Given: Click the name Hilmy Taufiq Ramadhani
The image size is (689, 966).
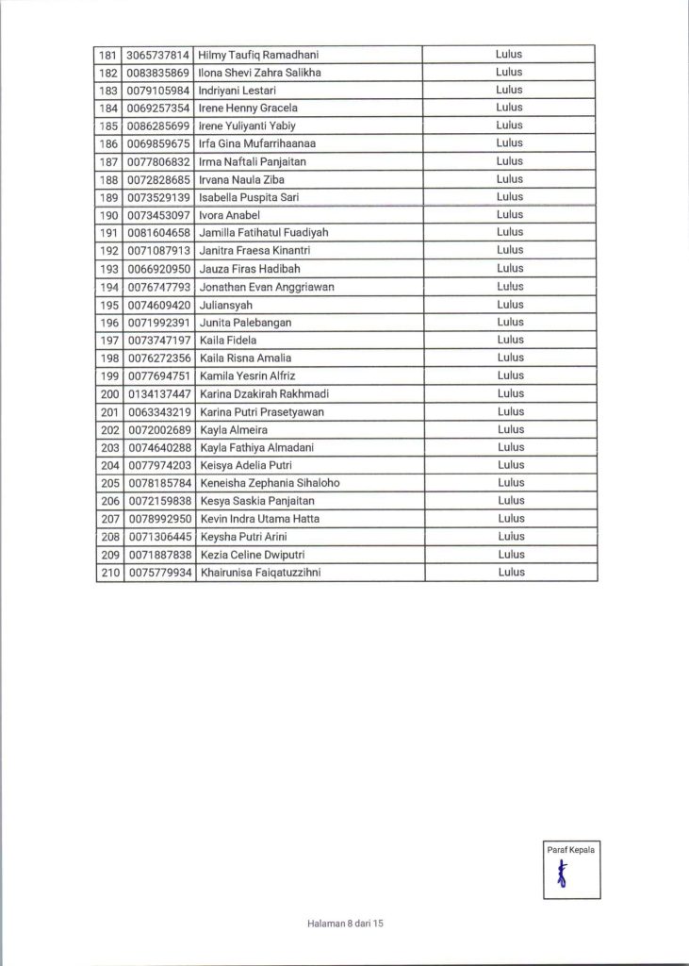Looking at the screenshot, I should [x=259, y=55].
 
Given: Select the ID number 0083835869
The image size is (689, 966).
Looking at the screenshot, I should [x=158, y=73].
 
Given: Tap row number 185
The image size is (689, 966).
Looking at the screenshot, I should [x=109, y=125].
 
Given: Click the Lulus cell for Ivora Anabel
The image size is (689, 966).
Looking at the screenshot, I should [x=509, y=214].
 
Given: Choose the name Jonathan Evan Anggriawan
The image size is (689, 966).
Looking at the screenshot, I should [x=267, y=286].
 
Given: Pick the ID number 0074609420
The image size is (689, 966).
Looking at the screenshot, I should [x=158, y=305].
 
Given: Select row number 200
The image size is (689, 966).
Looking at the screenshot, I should [x=109, y=393].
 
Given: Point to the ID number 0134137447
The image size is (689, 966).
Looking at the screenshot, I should [x=158, y=393].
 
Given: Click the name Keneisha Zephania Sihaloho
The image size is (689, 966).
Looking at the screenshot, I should [x=270, y=483].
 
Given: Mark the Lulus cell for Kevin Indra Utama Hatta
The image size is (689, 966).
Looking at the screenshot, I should [x=509, y=518].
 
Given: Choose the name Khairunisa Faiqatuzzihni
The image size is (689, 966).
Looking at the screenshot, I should [x=260, y=572].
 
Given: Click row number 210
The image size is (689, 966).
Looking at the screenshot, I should [x=109, y=572].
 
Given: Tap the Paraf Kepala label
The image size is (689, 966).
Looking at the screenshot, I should [x=571, y=850].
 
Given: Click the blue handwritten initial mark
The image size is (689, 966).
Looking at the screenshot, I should [x=563, y=876].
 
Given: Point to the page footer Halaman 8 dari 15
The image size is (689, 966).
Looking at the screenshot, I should [x=346, y=924].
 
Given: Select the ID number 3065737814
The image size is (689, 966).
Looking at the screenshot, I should [x=158, y=55].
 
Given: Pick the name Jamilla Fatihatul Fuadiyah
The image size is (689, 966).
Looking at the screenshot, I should [x=264, y=232].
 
